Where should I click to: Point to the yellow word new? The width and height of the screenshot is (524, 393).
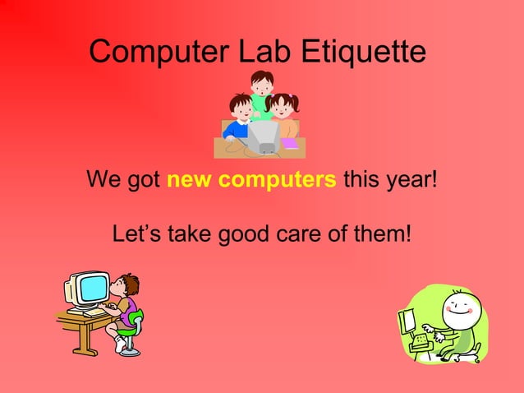click(x=186, y=178)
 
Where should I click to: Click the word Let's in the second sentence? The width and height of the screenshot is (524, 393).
click(x=137, y=234)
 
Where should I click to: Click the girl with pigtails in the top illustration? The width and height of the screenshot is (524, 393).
click(x=283, y=111)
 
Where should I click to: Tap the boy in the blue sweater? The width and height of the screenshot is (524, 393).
click(x=239, y=119)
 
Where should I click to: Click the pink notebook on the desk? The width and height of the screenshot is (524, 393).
click(x=289, y=143)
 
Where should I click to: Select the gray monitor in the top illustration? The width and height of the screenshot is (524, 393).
click(x=264, y=136)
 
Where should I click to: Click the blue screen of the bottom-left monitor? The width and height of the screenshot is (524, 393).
click(x=92, y=289)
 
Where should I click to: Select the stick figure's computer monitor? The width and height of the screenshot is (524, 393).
click(x=411, y=321)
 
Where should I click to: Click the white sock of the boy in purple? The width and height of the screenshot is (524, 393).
click(x=120, y=345)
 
